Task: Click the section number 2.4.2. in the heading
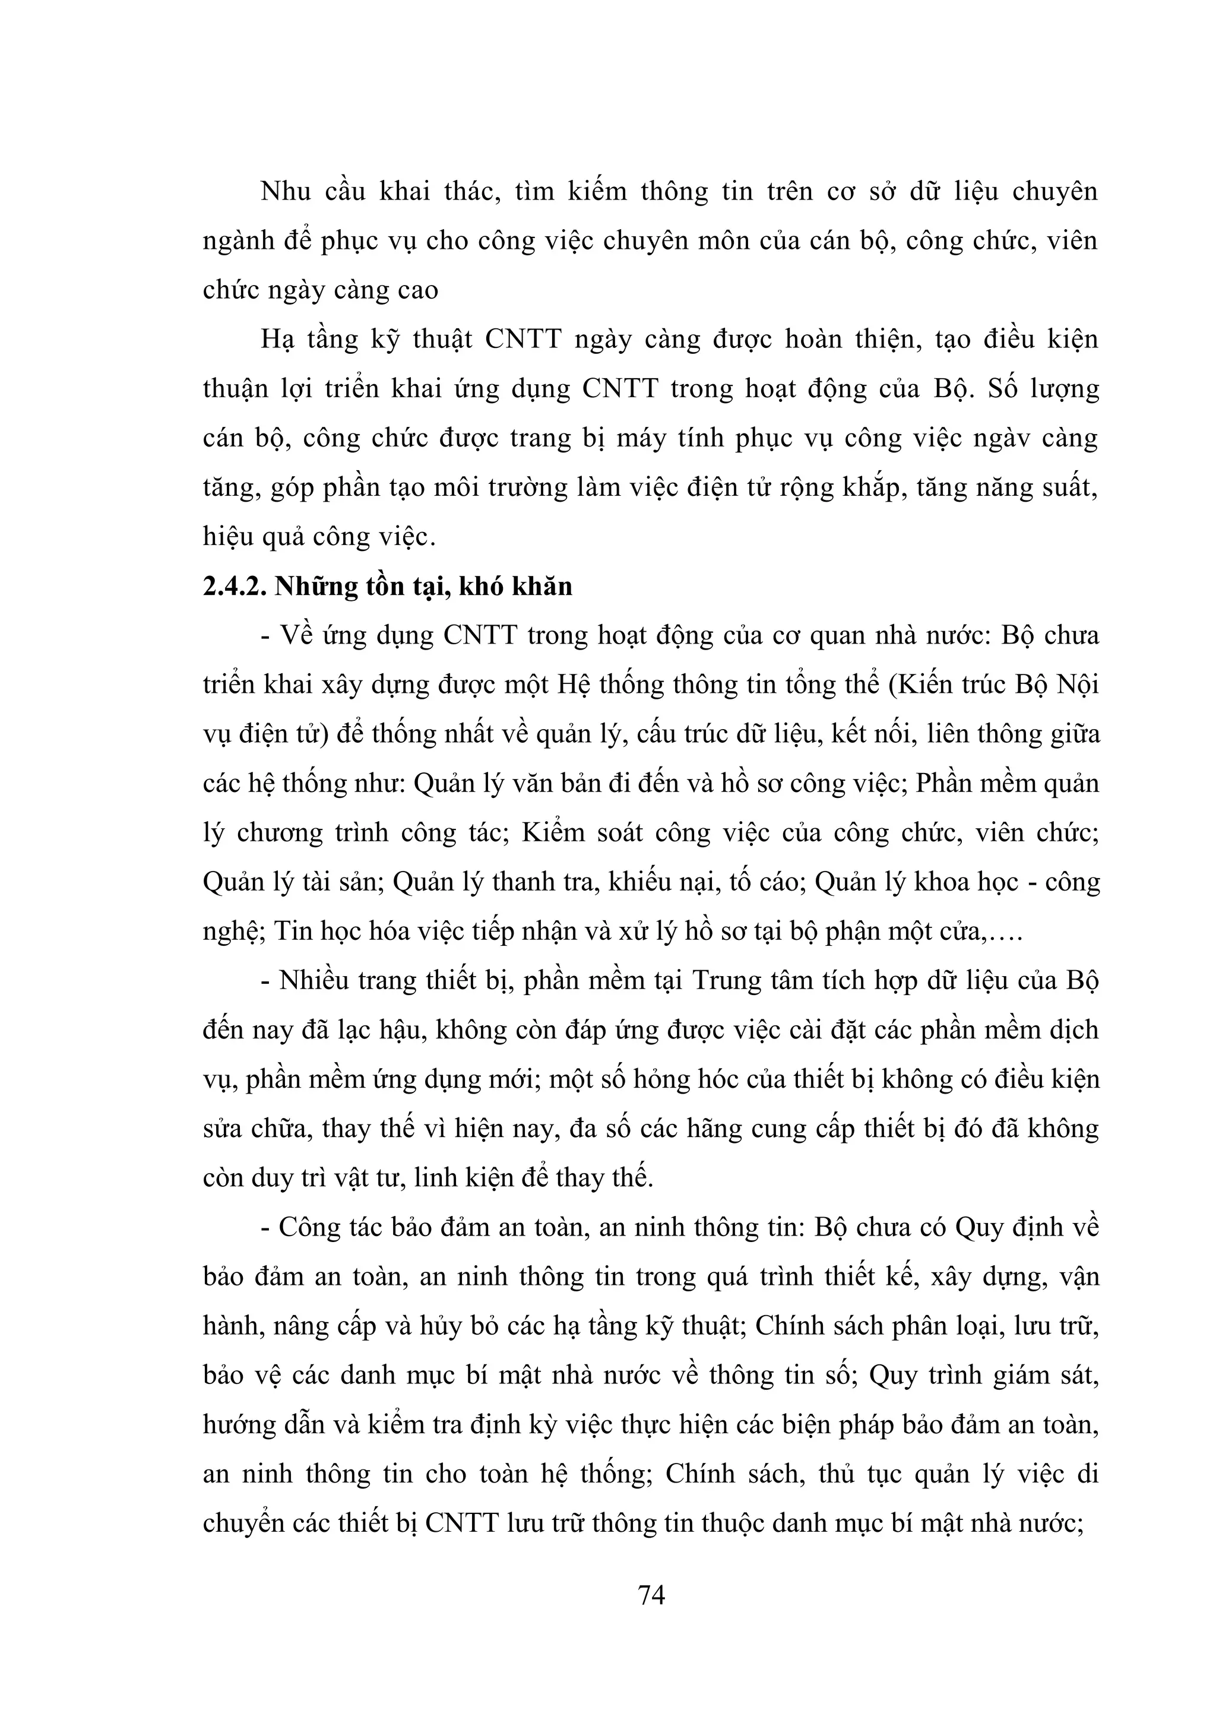coord(235,587)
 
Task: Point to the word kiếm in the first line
coord(596,192)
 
